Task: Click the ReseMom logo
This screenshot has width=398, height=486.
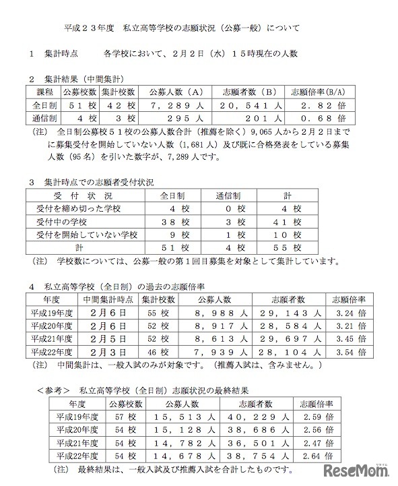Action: (x=360, y=470)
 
